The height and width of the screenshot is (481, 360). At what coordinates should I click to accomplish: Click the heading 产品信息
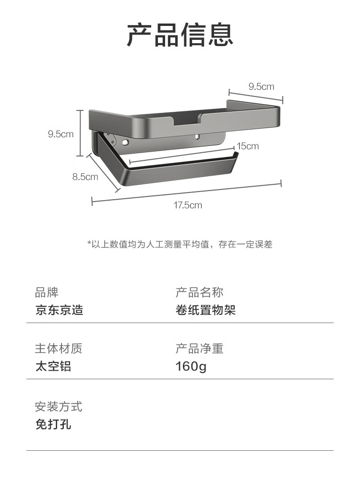180,35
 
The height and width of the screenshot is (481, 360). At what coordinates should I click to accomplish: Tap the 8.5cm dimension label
85,177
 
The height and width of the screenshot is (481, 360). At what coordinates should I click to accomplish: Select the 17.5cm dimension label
188,205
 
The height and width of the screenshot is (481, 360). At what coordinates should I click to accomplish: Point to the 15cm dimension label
248,146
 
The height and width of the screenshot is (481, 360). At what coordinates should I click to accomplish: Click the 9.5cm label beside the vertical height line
60,134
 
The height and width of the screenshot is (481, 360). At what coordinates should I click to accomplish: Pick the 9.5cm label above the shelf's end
261,86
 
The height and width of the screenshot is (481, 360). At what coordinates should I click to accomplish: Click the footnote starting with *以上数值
180,244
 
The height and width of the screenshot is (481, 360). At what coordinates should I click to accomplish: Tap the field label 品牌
47,292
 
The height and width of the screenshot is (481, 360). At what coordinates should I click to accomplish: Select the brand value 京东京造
59,310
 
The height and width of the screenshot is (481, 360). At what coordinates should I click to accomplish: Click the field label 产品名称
199,292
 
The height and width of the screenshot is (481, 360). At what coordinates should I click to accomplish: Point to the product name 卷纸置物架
205,310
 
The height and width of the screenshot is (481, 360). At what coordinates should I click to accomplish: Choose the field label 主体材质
59,349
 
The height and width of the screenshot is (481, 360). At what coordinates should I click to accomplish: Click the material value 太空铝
53,366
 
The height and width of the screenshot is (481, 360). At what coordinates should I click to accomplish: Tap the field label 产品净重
199,349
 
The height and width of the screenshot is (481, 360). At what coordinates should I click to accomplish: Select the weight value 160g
191,366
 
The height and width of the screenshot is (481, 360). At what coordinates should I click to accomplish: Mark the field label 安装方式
59,407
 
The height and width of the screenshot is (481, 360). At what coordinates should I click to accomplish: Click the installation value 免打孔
53,424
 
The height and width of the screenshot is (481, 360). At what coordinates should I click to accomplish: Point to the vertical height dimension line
80,133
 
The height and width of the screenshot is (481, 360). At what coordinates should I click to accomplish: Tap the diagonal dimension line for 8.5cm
103,173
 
